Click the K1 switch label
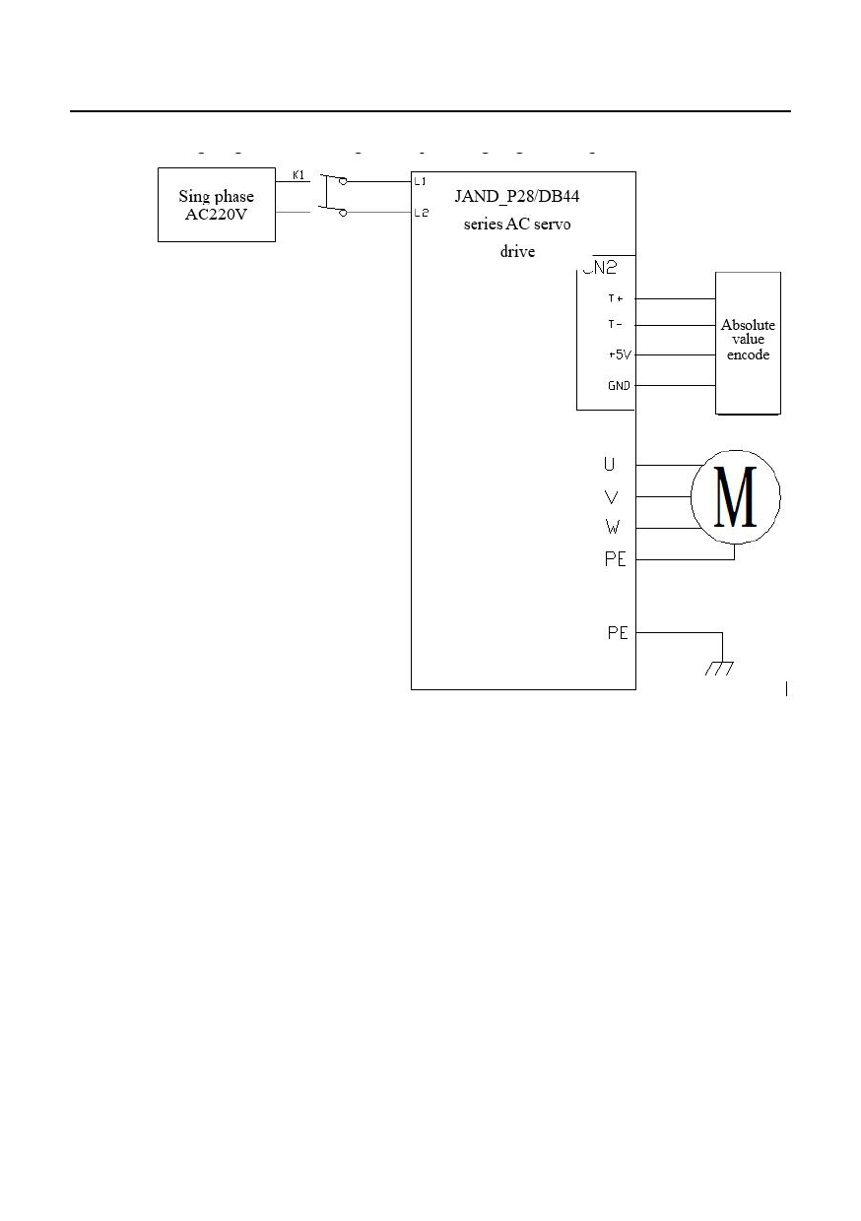298,175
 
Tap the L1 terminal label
420,181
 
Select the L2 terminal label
421,213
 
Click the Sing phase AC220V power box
217,205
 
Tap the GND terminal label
619,386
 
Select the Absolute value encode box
748,342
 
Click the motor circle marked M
735,496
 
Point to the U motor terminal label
611,464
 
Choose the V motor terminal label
612,497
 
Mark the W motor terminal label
612,529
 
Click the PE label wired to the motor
617,560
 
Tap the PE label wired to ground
618,633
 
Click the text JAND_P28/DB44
517,197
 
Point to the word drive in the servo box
517,251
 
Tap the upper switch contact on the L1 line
335,181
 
